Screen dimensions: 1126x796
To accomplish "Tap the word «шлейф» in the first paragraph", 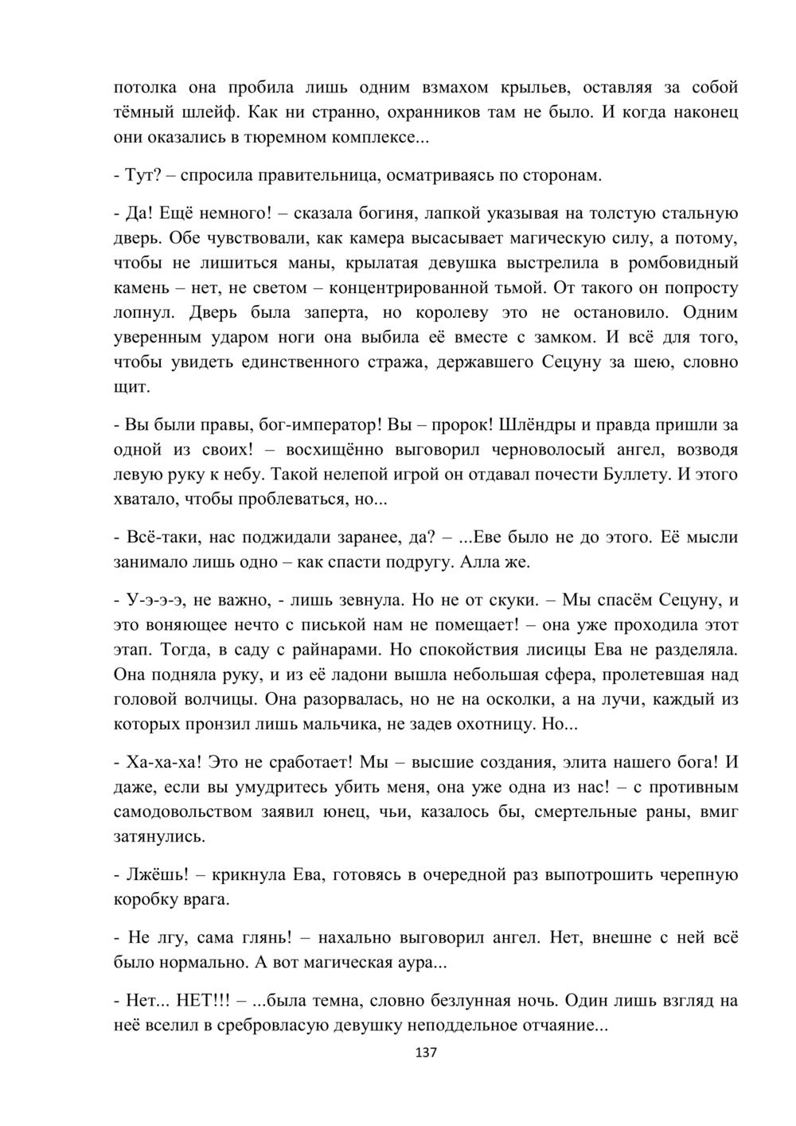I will [198, 112].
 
